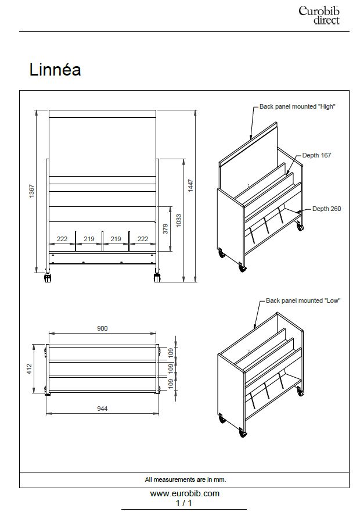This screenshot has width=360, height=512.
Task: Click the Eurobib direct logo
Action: click(x=319, y=15)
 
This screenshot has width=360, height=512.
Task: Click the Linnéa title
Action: click(x=55, y=70)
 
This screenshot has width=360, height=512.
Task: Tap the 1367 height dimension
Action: click(x=33, y=191)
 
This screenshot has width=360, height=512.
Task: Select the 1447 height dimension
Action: click(x=190, y=184)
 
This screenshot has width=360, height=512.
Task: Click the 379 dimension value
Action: click(x=165, y=228)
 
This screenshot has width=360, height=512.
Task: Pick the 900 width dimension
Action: click(x=102, y=328)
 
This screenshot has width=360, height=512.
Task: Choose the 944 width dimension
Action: click(x=102, y=409)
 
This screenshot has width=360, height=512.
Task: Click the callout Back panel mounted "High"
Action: click(x=297, y=106)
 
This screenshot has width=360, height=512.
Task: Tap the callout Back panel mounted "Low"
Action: click(x=303, y=300)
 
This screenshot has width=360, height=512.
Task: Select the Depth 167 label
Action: click(x=316, y=156)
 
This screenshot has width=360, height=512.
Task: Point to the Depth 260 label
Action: click(x=326, y=209)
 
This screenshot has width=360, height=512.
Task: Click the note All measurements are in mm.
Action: click(x=185, y=479)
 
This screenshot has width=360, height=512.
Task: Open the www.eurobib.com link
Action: click(x=185, y=493)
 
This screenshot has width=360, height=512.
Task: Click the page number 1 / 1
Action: click(x=184, y=503)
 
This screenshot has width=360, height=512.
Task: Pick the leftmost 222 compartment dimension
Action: click(x=62, y=239)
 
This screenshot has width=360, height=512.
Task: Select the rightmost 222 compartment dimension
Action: click(x=142, y=239)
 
